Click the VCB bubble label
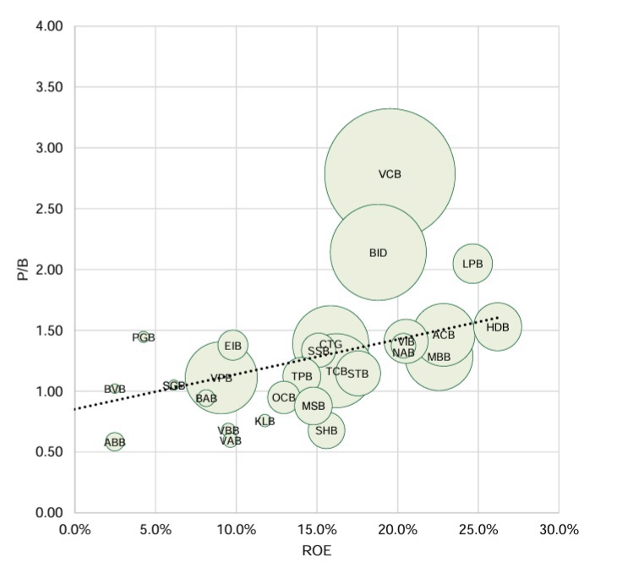(390, 174)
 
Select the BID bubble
(378, 252)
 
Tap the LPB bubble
(472, 264)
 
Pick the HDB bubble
(498, 326)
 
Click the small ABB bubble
(115, 441)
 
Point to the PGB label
(144, 337)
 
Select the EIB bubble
(233, 345)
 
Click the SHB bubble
(326, 430)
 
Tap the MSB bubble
(314, 406)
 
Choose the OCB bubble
(284, 396)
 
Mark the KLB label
(265, 420)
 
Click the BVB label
(115, 389)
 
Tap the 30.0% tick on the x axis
(559, 530)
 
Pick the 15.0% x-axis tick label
(317, 530)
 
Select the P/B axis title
(23, 269)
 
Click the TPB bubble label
(302, 376)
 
